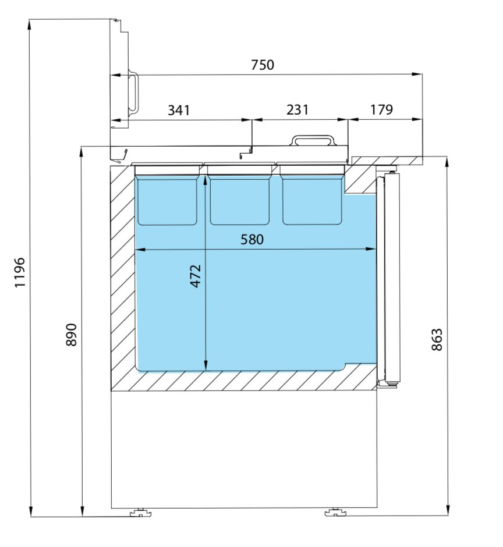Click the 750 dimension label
[x=263, y=65]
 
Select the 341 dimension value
[x=179, y=110]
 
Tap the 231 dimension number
[x=297, y=109]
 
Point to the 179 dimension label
[x=381, y=109]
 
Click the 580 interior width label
[x=252, y=240]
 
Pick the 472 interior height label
[x=196, y=276]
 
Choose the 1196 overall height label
[x=20, y=272]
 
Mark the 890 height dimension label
[x=71, y=335]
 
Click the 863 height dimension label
[x=437, y=339]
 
